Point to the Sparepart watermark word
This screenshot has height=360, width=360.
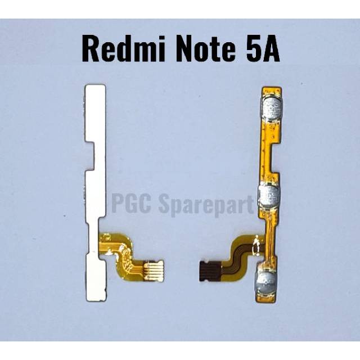point(206,204)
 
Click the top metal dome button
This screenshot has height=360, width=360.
point(272,107)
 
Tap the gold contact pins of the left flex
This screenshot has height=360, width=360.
point(154,271)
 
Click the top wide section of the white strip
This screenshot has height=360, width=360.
point(96,113)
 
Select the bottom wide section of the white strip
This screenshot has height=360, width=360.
point(96,278)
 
